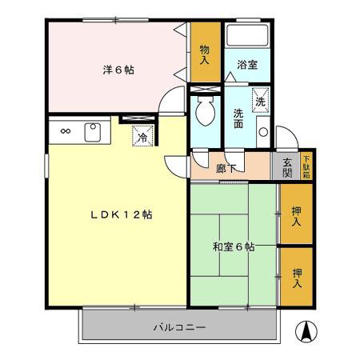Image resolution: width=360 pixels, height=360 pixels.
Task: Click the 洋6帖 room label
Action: (118, 70)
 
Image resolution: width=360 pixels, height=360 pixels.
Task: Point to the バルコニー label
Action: (179, 328)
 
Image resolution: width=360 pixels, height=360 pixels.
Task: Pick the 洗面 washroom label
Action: (238, 118)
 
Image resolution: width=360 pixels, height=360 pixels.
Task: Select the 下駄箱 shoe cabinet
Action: (306, 166)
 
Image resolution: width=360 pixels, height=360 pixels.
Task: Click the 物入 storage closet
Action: (204, 54)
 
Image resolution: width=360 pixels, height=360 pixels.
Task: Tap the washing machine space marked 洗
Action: (260, 100)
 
